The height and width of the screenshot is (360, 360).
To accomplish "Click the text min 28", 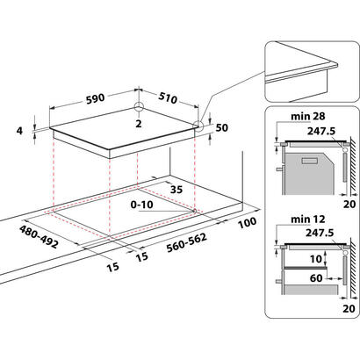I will tap(307, 116).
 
